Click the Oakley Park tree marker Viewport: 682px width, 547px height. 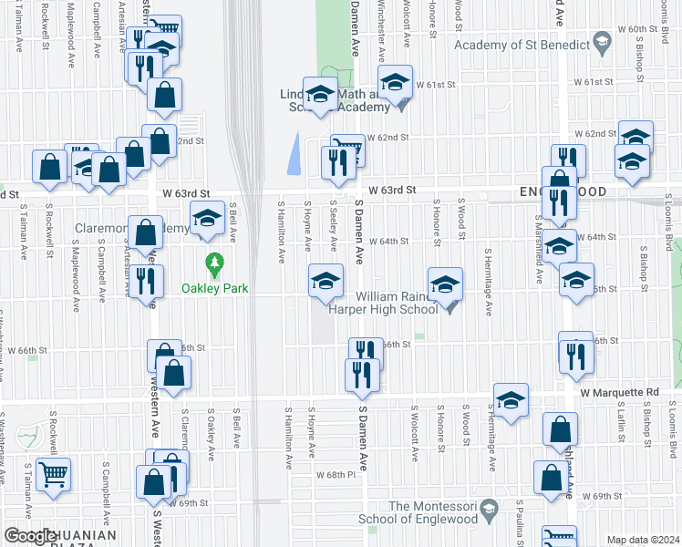tap(215, 265)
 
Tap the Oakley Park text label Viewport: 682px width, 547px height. tap(215, 289)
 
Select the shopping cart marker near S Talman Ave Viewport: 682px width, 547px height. tap(54, 474)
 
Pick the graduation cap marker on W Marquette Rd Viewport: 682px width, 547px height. tap(511, 399)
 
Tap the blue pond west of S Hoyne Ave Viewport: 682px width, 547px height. tap(293, 152)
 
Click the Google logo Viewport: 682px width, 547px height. tap(31, 537)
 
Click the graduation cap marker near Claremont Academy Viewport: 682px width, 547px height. tap(207, 218)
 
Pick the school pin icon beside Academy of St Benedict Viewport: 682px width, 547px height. tap(601, 42)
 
